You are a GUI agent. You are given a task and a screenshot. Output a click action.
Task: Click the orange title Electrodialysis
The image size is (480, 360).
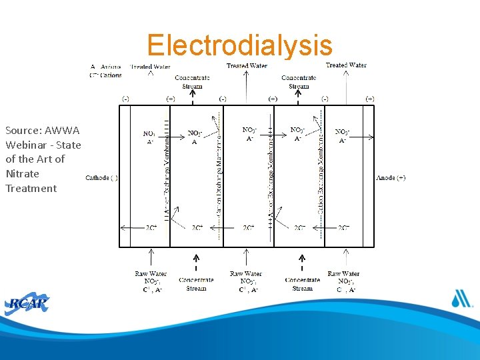pyautogui.click(x=239, y=45)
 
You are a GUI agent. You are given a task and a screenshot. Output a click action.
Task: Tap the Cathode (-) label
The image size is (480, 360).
pyautogui.click(x=101, y=178)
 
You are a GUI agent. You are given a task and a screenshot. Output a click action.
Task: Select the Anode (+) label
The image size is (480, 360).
pyautogui.click(x=391, y=178)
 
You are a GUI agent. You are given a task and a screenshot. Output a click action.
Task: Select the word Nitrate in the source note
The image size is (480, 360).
pyautogui.click(x=22, y=173)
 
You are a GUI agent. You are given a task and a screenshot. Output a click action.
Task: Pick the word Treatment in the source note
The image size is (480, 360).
pyautogui.click(x=31, y=188)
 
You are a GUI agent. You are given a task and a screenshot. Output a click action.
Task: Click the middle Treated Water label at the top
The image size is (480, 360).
pyautogui.click(x=247, y=66)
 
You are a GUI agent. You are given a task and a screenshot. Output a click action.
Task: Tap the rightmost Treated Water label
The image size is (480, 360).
pyautogui.click(x=345, y=65)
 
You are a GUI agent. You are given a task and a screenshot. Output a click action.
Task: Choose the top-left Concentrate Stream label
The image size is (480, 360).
pyautogui.click(x=193, y=82)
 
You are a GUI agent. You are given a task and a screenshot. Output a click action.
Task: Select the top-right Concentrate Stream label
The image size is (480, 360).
pyautogui.click(x=299, y=82)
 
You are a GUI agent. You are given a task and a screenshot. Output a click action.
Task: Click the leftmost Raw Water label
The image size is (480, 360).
pyautogui.click(x=151, y=274)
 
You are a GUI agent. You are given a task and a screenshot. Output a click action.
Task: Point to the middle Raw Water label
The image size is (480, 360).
pyautogui.click(x=246, y=274)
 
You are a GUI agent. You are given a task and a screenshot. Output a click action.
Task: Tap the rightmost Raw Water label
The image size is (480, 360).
pyautogui.click(x=343, y=274)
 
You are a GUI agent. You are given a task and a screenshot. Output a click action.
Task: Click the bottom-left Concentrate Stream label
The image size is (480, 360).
pyautogui.click(x=196, y=285)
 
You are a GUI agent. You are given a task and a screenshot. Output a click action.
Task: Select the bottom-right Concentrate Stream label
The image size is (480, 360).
pyautogui.click(x=302, y=285)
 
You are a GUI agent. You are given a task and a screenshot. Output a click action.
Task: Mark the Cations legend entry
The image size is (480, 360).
pyautogui.click(x=107, y=75)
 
